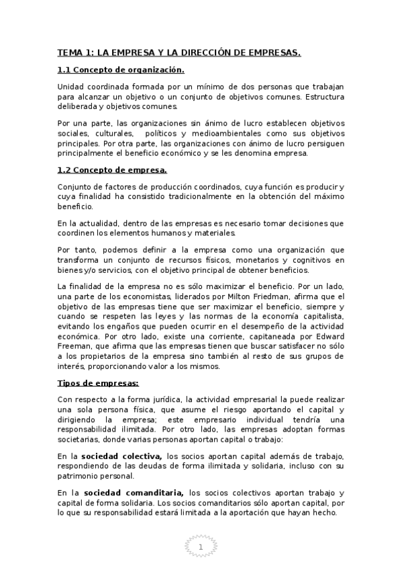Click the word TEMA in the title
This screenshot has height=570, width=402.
(x=70, y=52)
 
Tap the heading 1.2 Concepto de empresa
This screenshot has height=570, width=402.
(x=111, y=169)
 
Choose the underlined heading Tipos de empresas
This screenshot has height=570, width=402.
(x=98, y=383)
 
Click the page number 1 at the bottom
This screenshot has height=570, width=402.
(x=201, y=548)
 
